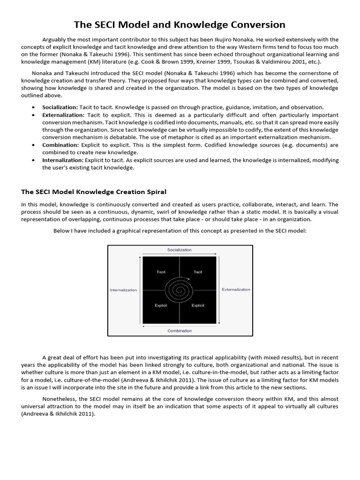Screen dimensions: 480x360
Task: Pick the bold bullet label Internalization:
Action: coord(63,160)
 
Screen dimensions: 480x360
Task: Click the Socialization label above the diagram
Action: coord(180,250)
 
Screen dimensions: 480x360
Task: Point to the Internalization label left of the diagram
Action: coord(123,290)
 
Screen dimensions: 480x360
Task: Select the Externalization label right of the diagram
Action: coord(236,290)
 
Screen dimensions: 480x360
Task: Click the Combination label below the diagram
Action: coord(180,331)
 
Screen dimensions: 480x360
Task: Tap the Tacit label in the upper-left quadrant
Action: coord(161,272)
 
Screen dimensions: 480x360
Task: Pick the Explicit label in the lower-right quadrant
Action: coord(198,306)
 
